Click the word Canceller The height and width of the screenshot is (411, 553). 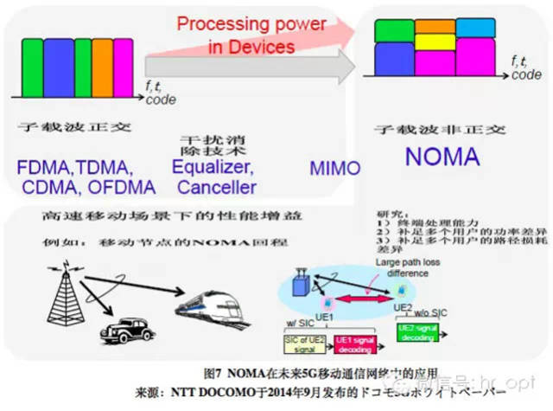pyautogui.click(x=217, y=186)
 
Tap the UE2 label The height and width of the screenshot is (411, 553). pyautogui.click(x=402, y=307)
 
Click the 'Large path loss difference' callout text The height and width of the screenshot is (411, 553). pyautogui.click(x=400, y=267)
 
